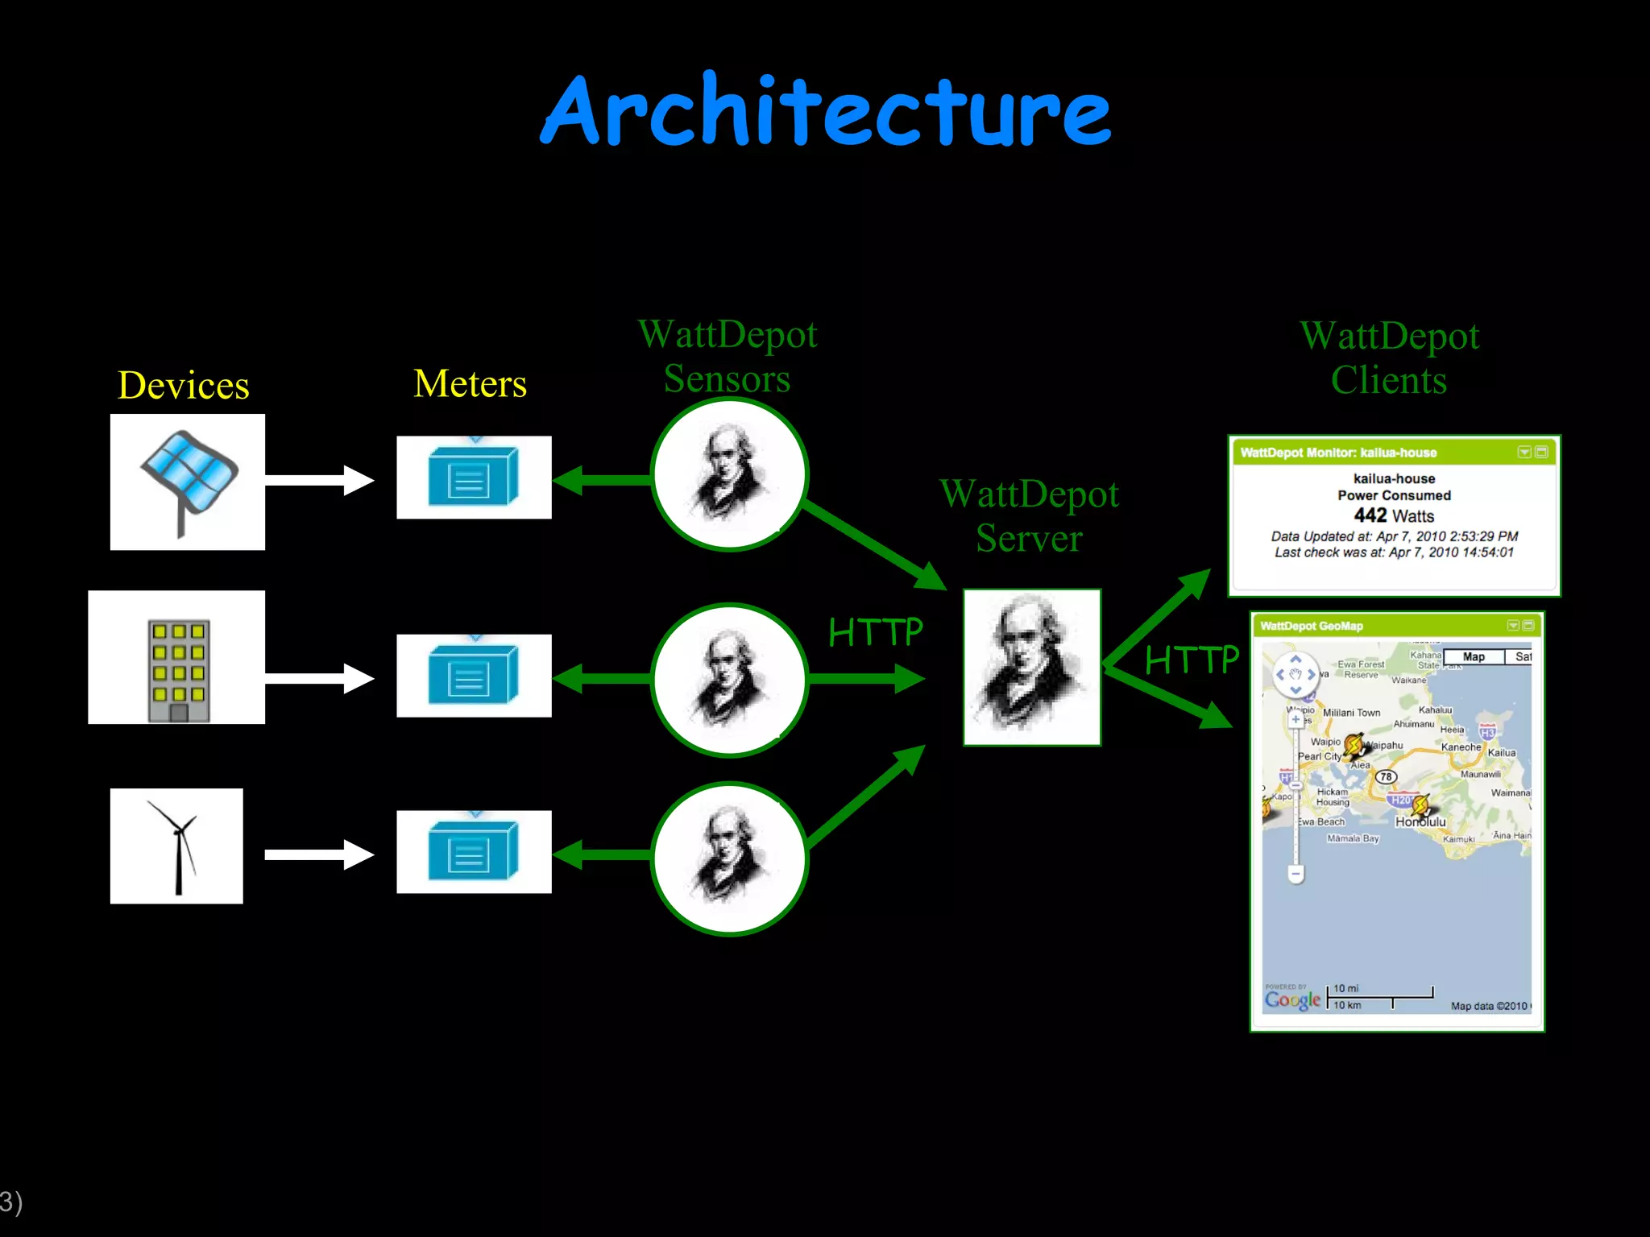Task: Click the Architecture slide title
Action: tap(826, 111)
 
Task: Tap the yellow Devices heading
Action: tap(184, 385)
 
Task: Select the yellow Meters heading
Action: tap(471, 383)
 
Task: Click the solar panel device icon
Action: tap(188, 482)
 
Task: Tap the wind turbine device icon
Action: tap(176, 846)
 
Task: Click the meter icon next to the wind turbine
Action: tap(474, 851)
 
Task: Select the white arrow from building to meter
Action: tap(318, 678)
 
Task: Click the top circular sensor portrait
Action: tap(729, 475)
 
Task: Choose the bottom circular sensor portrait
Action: tap(729, 858)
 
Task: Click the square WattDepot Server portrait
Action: tap(1031, 667)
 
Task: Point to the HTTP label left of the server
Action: tap(875, 632)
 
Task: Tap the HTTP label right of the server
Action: tap(1192, 660)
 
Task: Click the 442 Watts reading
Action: tap(1394, 515)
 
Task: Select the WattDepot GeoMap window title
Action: tap(1312, 626)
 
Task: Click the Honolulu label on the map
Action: tap(1420, 822)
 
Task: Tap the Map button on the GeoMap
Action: tap(1474, 657)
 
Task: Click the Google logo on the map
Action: tap(1292, 999)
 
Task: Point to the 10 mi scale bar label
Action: tap(1345, 988)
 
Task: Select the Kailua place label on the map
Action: tap(1502, 753)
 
